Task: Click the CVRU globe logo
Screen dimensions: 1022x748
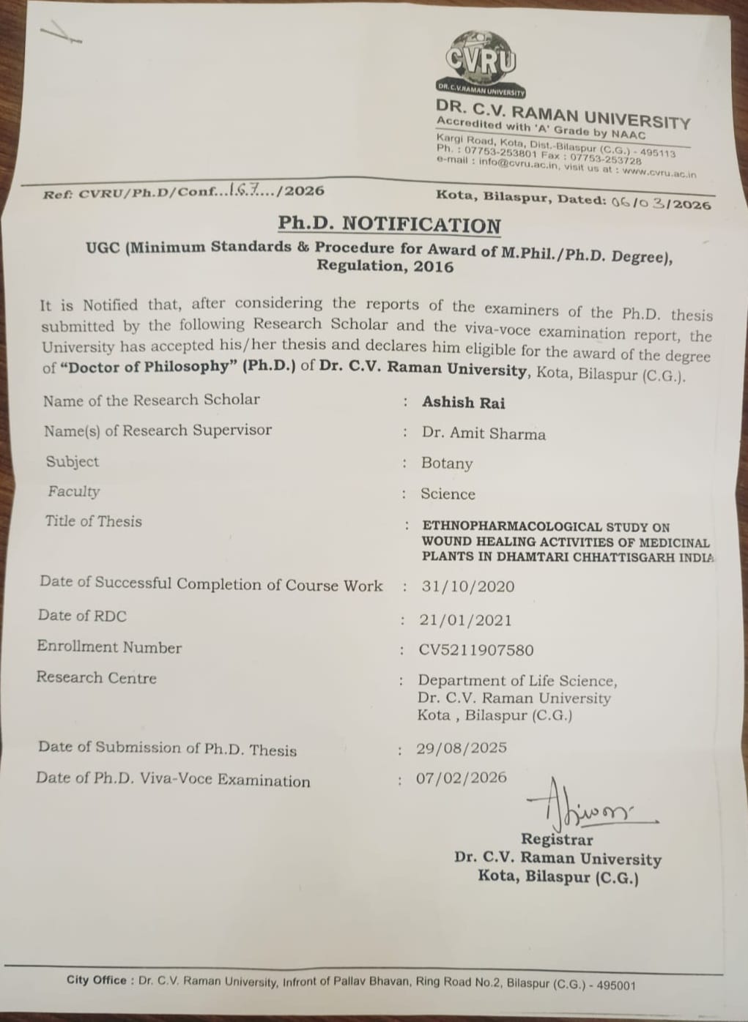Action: pyautogui.click(x=481, y=63)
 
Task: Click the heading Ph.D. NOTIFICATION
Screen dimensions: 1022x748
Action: pyautogui.click(x=389, y=224)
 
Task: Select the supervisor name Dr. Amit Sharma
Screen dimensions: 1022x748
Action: pyautogui.click(x=484, y=433)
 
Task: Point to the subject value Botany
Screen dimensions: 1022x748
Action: pyautogui.click(x=447, y=463)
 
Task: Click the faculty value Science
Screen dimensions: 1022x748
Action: pyautogui.click(x=448, y=494)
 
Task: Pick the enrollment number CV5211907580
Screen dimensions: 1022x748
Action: pyautogui.click(x=476, y=650)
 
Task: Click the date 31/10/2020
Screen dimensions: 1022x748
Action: pyautogui.click(x=467, y=586)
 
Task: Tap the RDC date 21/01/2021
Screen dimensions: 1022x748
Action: pyautogui.click(x=465, y=620)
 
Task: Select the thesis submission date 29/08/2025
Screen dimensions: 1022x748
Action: pyautogui.click(x=461, y=748)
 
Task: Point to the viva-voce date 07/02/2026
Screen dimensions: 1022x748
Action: pyautogui.click(x=461, y=777)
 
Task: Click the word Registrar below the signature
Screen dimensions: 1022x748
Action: pyautogui.click(x=557, y=840)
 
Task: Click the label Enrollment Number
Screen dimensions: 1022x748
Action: pyautogui.click(x=109, y=647)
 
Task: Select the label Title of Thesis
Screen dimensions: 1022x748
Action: pyautogui.click(x=93, y=521)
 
